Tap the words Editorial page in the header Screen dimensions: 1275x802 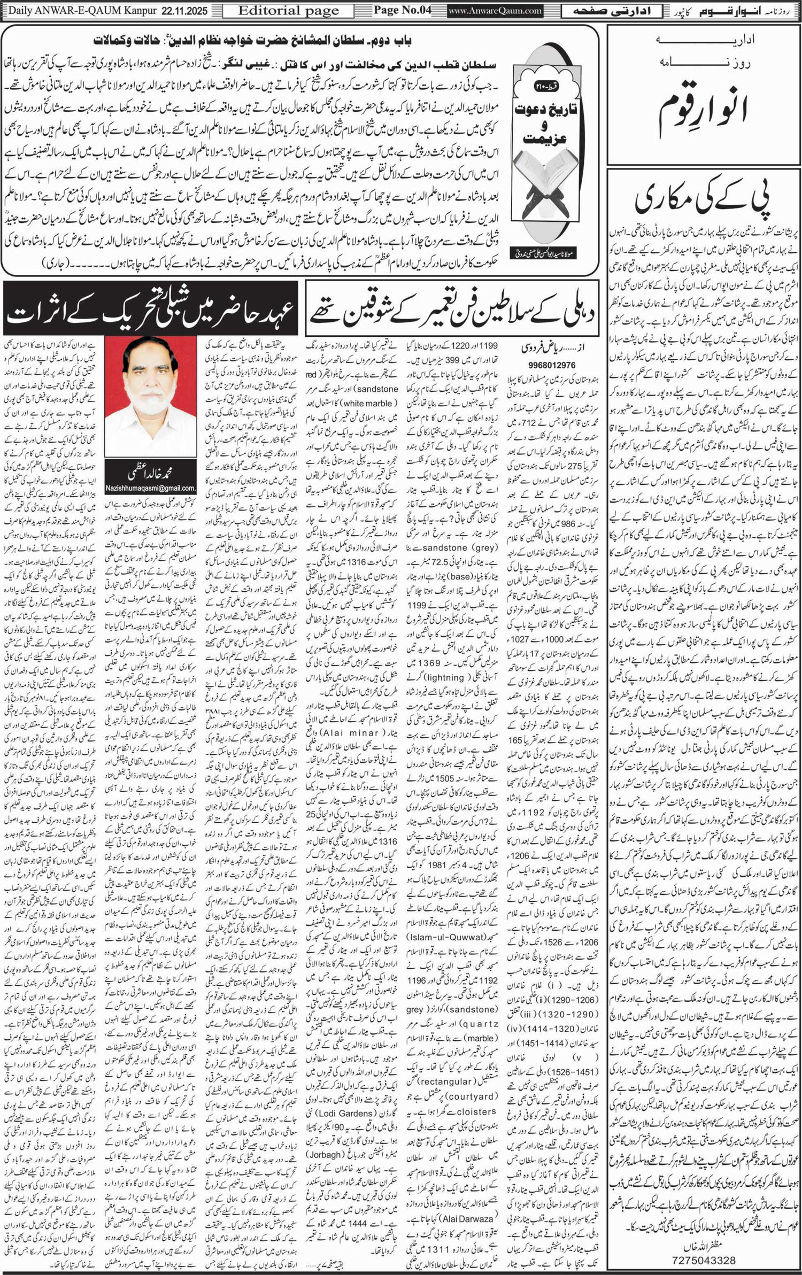pyautogui.click(x=289, y=10)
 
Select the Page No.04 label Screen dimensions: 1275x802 pyautogui.click(x=402, y=10)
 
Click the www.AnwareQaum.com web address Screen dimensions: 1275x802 pyautogui.click(x=495, y=10)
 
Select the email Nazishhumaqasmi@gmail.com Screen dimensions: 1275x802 pyautogui.click(x=150, y=488)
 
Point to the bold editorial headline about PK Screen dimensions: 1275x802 pyautogui.click(x=704, y=198)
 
